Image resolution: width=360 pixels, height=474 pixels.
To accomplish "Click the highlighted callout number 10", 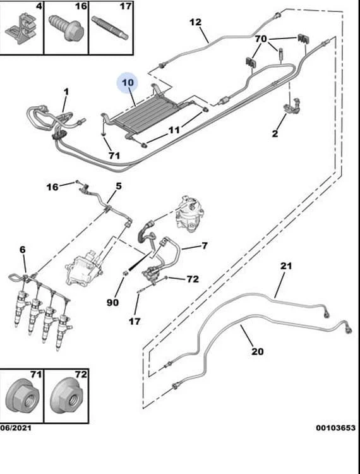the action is pyautogui.click(x=128, y=83).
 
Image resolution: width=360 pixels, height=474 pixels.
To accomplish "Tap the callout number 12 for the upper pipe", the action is pyautogui.click(x=195, y=22).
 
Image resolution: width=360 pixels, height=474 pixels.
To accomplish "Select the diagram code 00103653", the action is pyautogui.click(x=336, y=428).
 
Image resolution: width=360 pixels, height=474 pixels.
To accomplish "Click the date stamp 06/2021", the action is pyautogui.click(x=15, y=428).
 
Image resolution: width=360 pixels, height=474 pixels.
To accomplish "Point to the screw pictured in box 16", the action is pyautogui.click(x=66, y=28).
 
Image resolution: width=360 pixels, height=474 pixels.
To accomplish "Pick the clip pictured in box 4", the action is pyautogui.click(x=21, y=28).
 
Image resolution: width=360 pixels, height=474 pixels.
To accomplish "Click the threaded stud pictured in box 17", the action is pyautogui.click(x=110, y=28).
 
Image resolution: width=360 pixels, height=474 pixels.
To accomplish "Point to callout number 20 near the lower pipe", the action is pyautogui.click(x=257, y=351).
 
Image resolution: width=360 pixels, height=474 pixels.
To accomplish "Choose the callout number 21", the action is pyautogui.click(x=286, y=266).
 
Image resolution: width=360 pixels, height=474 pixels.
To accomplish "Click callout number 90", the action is pyautogui.click(x=112, y=302).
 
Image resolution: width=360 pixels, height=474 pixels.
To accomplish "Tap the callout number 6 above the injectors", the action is pyautogui.click(x=23, y=250).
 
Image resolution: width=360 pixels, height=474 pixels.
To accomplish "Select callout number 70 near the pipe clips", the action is pyautogui.click(x=261, y=39).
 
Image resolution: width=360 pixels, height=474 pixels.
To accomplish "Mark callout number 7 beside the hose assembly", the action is pyautogui.click(x=205, y=245).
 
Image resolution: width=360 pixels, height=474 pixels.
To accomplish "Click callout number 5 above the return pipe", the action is pyautogui.click(x=118, y=186).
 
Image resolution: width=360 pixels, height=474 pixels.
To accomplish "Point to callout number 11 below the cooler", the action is pyautogui.click(x=174, y=130).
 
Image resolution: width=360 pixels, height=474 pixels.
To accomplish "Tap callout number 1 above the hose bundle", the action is pyautogui.click(x=66, y=92).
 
